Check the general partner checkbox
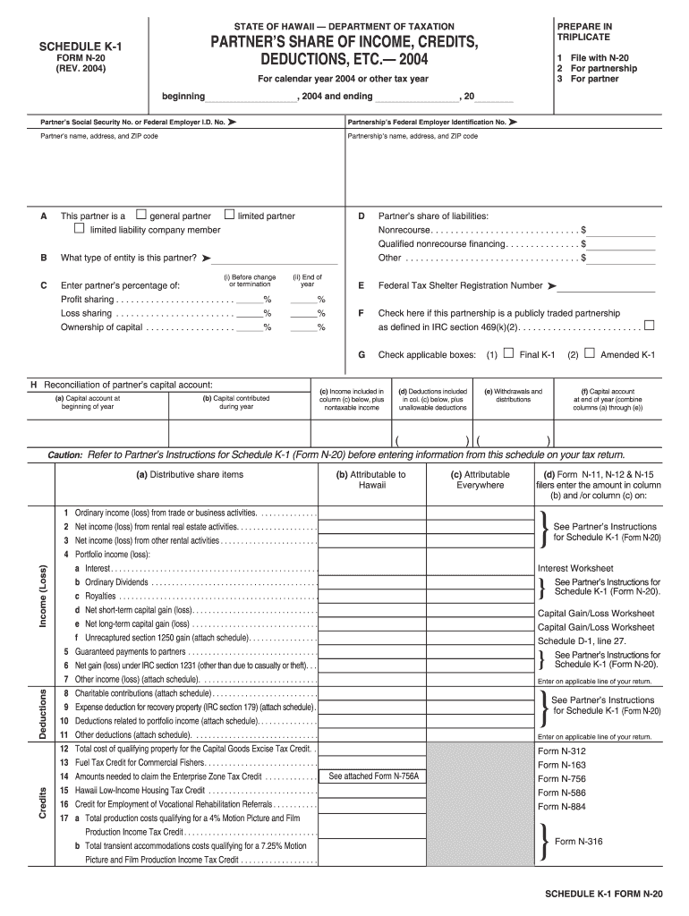click(140, 215)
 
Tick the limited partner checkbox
click(229, 215)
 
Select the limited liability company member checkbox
click(80, 230)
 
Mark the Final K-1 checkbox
click(508, 353)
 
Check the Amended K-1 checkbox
click(589, 353)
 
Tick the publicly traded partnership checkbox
click(650, 325)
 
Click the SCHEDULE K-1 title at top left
click(68, 47)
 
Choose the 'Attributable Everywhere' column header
click(481, 479)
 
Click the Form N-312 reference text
click(562, 751)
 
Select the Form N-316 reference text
click(578, 841)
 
